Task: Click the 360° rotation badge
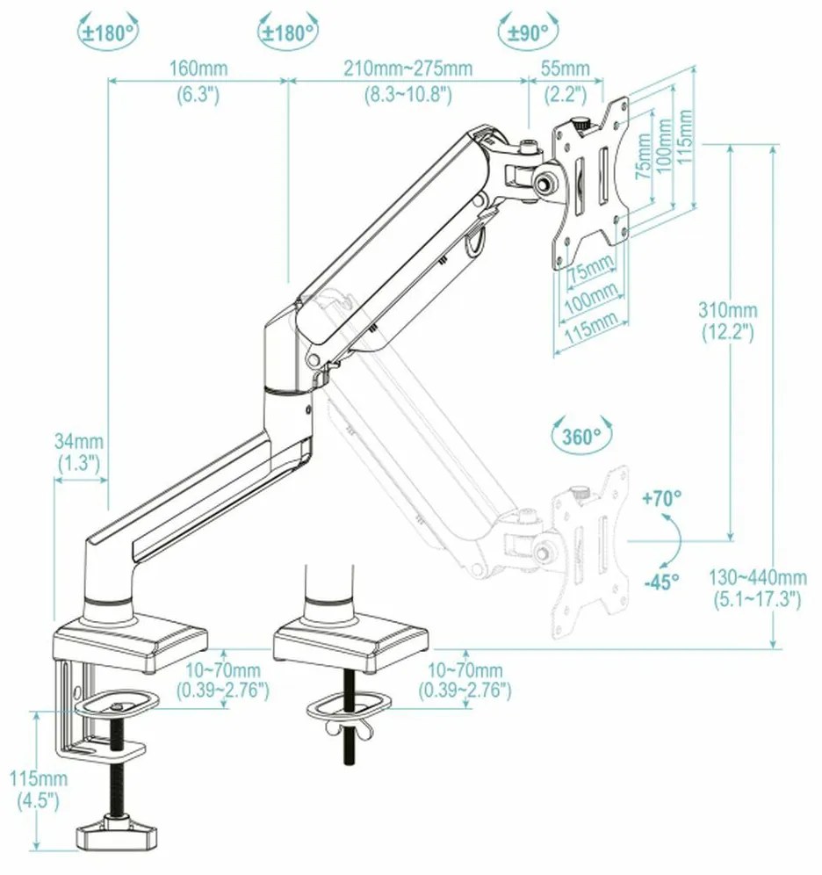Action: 580,435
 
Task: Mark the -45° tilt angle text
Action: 662,582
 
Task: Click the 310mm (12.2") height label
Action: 727,321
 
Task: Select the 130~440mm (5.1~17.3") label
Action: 758,588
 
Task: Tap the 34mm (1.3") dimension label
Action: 79,450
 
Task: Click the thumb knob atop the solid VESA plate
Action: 580,125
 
